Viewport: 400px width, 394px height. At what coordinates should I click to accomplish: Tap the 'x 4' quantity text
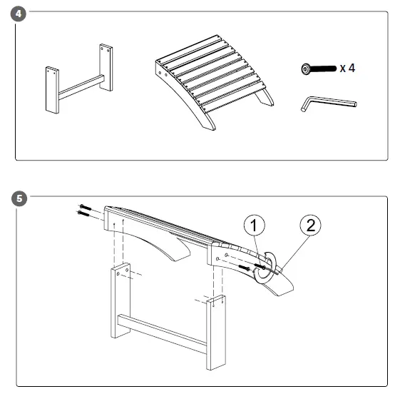pos(347,69)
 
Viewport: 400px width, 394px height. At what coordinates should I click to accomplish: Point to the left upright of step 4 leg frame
pos(51,90)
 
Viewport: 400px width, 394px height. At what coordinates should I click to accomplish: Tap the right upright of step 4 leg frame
pos(106,67)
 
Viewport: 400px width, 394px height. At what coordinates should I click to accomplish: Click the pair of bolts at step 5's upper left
pos(84,210)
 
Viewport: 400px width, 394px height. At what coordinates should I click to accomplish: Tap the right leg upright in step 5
pos(215,331)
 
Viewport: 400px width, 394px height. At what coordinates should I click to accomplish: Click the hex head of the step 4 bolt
pos(306,69)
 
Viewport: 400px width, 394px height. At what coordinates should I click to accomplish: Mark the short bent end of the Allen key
pos(304,105)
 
